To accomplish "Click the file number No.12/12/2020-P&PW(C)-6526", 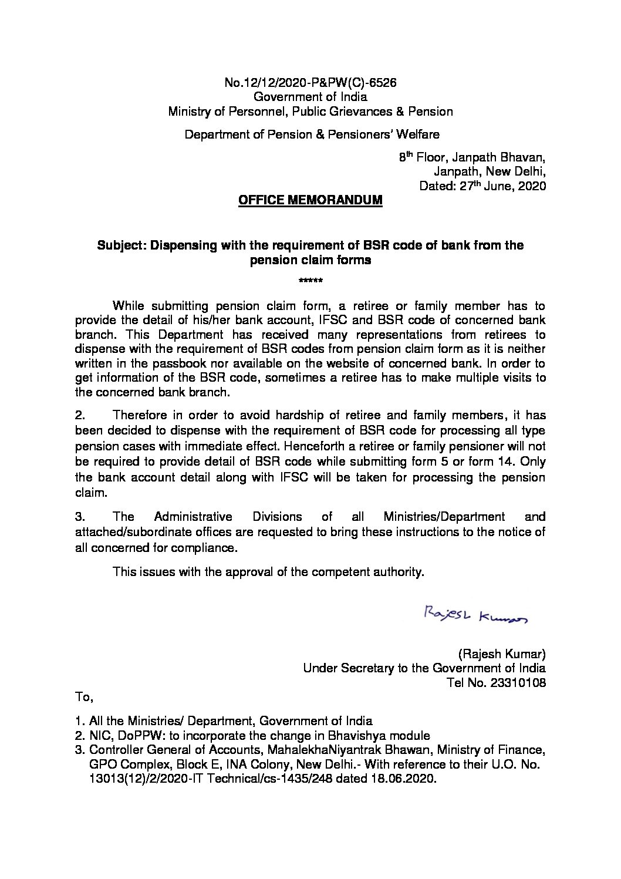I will (x=310, y=83).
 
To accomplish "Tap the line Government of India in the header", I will (x=310, y=97).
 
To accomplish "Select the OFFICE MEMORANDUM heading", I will (x=310, y=201).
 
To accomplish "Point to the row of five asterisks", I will (x=310, y=281).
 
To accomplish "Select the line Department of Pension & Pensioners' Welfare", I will (x=312, y=134).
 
